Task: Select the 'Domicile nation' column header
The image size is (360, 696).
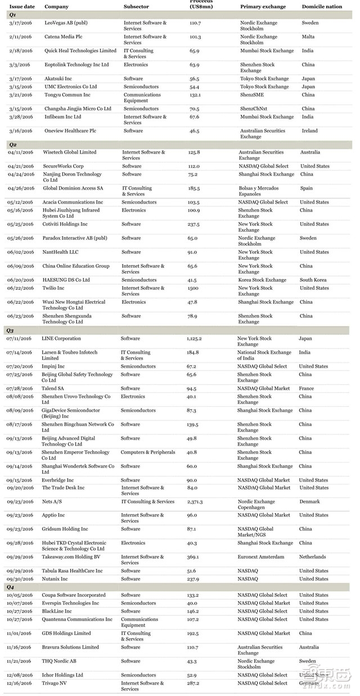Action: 322,7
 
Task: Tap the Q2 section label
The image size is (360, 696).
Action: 12,145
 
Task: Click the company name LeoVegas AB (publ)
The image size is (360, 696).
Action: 66,23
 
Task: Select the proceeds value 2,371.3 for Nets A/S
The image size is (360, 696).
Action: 195,501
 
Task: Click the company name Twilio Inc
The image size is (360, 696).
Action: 55,288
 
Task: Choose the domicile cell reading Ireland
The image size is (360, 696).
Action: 309,131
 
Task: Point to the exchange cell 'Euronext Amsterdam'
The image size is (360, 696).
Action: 260,557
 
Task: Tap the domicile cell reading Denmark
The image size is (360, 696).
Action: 309,501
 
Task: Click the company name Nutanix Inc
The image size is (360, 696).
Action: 55,578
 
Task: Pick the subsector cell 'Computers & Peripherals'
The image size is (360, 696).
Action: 147,452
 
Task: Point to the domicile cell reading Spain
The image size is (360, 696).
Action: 306,188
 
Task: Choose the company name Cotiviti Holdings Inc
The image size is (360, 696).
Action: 65,224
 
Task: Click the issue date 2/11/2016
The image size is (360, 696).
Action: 20,37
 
